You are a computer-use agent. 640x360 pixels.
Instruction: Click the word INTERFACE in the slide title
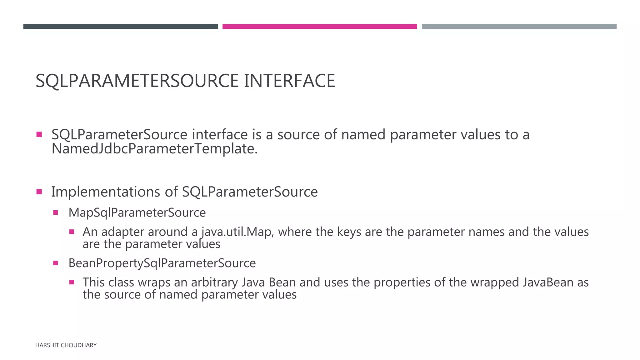click(289, 81)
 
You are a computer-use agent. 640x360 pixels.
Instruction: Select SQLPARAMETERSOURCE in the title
click(137, 81)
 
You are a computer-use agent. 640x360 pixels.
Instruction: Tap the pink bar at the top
click(319, 27)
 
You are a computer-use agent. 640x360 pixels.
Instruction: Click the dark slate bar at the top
click(120, 27)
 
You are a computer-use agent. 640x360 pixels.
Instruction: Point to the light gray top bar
click(519, 27)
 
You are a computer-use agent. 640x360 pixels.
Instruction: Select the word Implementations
click(105, 192)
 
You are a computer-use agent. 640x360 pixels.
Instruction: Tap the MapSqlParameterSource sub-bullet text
click(137, 212)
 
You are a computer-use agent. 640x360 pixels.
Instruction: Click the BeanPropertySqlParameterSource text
click(162, 263)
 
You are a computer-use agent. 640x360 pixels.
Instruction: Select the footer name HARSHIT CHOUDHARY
click(66, 345)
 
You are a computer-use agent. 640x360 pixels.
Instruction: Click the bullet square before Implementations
click(39, 192)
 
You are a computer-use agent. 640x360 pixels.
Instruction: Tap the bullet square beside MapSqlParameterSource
click(56, 213)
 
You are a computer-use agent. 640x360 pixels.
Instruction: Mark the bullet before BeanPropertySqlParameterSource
click(56, 263)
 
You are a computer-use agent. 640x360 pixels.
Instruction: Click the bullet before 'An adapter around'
click(72, 232)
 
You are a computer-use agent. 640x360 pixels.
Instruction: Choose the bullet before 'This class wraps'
click(72, 282)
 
